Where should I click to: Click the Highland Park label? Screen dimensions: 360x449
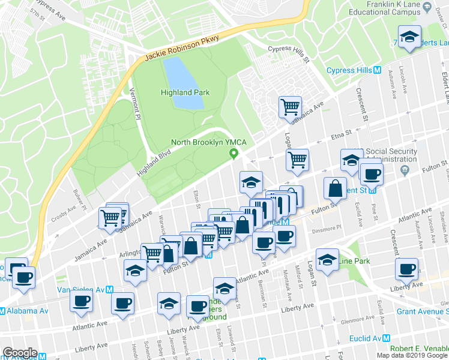[185, 92]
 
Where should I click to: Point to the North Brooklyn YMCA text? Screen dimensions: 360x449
[206, 142]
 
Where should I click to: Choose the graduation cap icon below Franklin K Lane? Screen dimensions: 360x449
[409, 37]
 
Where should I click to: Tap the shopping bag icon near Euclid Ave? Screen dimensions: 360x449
[335, 188]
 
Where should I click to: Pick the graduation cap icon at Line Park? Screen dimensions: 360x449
[327, 260]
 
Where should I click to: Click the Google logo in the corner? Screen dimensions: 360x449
[20, 352]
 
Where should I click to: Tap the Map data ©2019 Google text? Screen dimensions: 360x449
[411, 355]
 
